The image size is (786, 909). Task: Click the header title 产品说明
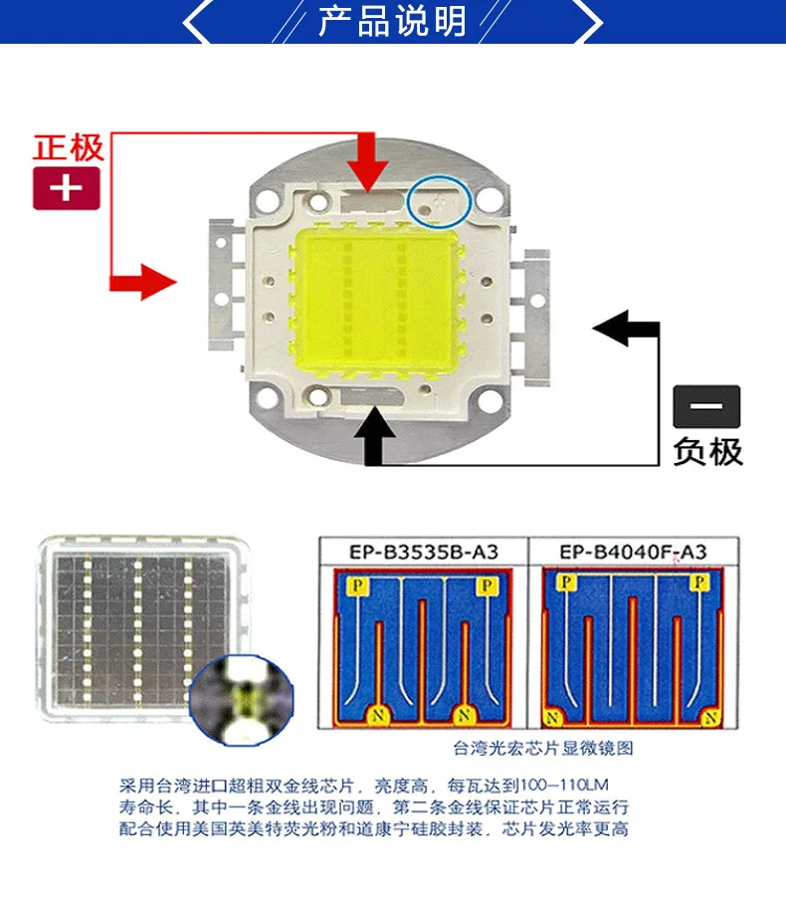pos(392,21)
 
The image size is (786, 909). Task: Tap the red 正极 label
pos(68,147)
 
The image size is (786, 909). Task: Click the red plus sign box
pos(67,188)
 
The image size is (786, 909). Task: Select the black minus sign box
pos(706,407)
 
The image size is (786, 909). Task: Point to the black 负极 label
pos(707,451)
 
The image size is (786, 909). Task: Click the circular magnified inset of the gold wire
pos(242,698)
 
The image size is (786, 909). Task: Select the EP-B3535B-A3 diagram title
pos(422,552)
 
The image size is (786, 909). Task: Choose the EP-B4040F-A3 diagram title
pos(633,552)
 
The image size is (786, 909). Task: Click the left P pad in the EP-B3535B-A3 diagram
pos(352,587)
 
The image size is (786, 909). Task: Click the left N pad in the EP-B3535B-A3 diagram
pos(376,714)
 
